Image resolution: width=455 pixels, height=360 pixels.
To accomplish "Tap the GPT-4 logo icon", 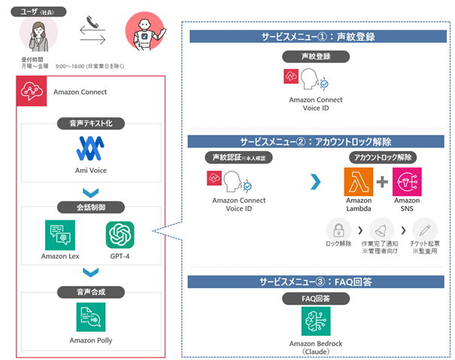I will click(x=121, y=236).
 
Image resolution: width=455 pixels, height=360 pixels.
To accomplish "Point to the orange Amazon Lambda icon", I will click(x=359, y=183).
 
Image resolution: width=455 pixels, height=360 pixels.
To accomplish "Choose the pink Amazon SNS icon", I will click(x=407, y=183).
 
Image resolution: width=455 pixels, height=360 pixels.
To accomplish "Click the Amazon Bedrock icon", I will click(x=316, y=322).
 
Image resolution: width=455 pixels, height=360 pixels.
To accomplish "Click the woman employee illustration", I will click(x=38, y=34).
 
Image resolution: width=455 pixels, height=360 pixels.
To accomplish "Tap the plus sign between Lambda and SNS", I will click(x=383, y=183).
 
